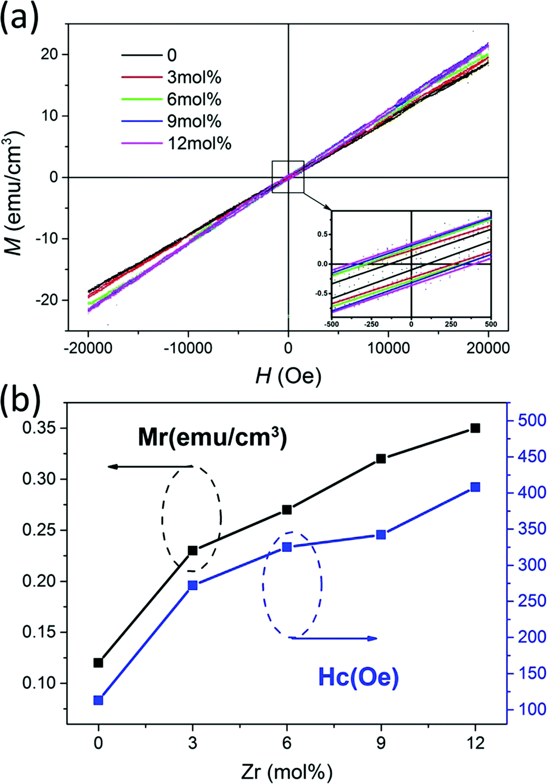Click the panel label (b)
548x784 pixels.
coord(21,400)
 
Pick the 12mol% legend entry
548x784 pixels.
coord(199,143)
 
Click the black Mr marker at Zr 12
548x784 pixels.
coord(475,428)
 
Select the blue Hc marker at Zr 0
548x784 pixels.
coord(98,700)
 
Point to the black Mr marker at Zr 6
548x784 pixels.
coord(287,509)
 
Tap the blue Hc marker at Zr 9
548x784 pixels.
coord(381,535)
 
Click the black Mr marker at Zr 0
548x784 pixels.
coord(98,663)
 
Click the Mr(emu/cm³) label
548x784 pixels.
coord(212,437)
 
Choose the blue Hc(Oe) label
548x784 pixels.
coord(359,677)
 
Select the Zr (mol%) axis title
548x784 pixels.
coord(287,772)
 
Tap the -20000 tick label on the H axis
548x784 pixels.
coord(88,348)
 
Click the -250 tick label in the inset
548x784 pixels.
coord(371,324)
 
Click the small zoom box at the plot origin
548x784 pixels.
coord(288,177)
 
